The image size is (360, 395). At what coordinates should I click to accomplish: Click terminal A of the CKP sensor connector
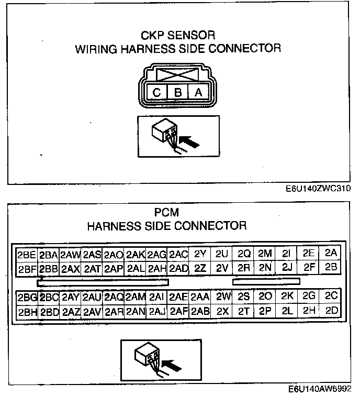(x=198, y=93)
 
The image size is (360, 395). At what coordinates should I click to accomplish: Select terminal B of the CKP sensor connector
(x=177, y=93)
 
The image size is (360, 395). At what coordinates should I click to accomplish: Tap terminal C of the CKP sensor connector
(x=156, y=93)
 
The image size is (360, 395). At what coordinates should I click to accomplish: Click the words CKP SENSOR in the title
(x=178, y=36)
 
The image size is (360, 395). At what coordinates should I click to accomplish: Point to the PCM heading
(x=166, y=213)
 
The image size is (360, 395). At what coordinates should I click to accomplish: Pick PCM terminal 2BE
(x=27, y=255)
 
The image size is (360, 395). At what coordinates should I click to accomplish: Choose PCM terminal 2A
(x=331, y=253)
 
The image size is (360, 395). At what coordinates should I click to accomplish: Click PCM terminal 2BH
(x=27, y=311)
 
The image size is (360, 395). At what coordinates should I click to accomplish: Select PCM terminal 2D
(x=331, y=310)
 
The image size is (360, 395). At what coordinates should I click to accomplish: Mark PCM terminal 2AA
(x=200, y=297)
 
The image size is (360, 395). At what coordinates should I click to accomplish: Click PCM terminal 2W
(x=223, y=297)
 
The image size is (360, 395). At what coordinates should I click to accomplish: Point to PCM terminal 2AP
(x=114, y=269)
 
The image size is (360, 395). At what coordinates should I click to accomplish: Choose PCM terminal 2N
(x=265, y=268)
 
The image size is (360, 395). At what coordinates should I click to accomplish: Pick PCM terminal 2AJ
(x=157, y=311)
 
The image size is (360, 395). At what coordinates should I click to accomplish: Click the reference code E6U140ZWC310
(x=318, y=189)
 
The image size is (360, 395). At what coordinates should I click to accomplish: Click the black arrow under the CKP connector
(x=191, y=140)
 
